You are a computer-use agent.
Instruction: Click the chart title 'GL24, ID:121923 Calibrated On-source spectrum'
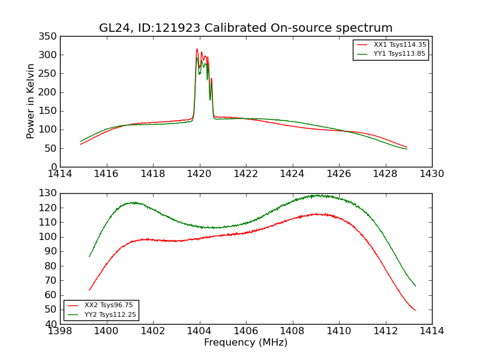(x=245, y=28)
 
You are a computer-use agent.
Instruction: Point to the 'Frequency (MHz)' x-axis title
(x=245, y=343)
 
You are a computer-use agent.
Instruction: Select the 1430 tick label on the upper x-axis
(x=431, y=174)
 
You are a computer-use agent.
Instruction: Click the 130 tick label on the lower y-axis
(x=49, y=193)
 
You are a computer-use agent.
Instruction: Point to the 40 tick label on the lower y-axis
(x=51, y=324)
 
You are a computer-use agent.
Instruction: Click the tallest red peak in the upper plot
(x=197, y=49)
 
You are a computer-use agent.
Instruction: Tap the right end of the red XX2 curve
(x=415, y=310)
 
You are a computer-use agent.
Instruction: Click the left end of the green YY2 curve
(x=89, y=256)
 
